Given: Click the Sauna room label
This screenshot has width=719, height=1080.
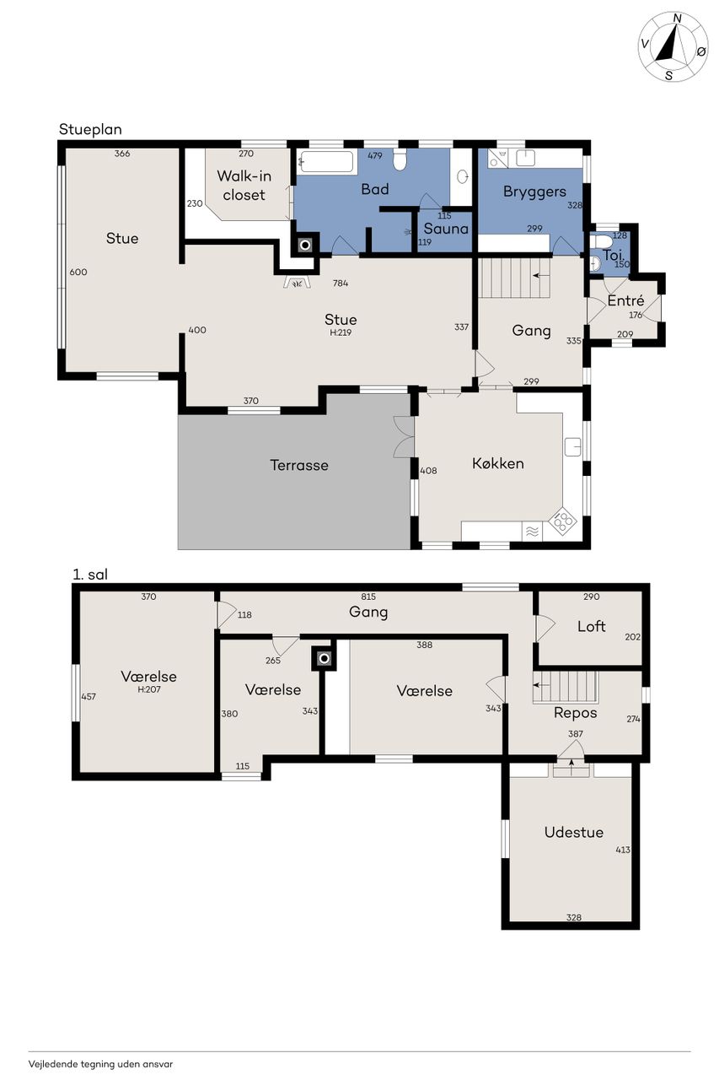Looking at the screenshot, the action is (x=446, y=229).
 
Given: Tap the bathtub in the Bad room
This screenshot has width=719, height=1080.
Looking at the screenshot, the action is (x=326, y=162).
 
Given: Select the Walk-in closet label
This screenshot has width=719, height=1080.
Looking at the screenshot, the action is (x=244, y=185).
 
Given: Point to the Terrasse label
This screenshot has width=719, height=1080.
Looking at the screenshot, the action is (x=299, y=465).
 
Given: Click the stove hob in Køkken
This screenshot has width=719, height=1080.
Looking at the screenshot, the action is (x=562, y=521).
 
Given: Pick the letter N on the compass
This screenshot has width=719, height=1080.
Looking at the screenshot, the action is (x=677, y=19).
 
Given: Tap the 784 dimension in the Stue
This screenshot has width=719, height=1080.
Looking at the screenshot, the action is (x=341, y=283).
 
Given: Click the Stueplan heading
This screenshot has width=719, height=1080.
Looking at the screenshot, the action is (x=90, y=130).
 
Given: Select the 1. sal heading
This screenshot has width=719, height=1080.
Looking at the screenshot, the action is (x=90, y=575).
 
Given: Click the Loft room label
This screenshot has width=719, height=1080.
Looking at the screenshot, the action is (x=592, y=626).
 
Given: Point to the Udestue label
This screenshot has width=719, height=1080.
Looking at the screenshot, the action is (x=573, y=832).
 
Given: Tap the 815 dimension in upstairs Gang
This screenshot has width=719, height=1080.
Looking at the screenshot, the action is (x=368, y=597).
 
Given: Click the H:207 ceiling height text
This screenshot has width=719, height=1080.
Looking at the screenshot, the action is (x=149, y=689).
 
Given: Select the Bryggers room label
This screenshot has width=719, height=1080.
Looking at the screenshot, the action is (x=534, y=192).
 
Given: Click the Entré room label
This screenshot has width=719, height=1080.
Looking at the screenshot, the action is (x=625, y=300).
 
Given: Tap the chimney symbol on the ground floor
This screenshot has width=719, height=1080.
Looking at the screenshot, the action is (x=305, y=246).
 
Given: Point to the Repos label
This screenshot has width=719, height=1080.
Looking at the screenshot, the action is (x=575, y=713).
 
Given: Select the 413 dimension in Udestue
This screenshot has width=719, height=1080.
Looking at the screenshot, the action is (x=623, y=850).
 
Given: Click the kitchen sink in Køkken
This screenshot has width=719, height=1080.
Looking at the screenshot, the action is (x=573, y=447).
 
